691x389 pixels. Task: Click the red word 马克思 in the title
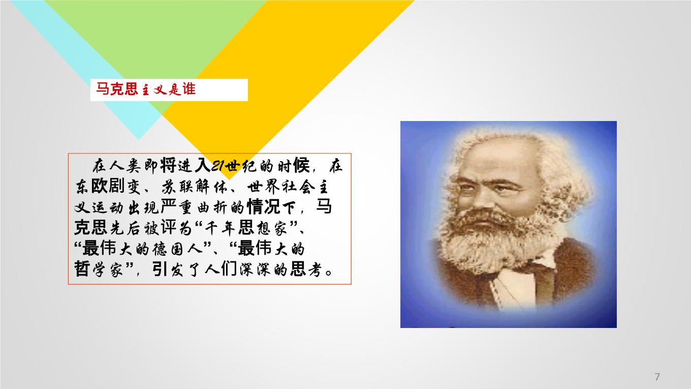[x=117, y=89]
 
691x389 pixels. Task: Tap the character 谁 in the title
[x=189, y=89]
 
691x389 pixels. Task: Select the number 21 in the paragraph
[x=217, y=166]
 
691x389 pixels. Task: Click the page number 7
[x=657, y=377]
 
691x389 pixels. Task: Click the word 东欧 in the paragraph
[x=91, y=187]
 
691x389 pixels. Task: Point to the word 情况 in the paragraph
[x=263, y=207]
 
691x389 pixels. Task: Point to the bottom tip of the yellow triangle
[x=229, y=179]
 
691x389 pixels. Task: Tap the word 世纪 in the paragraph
[x=241, y=166]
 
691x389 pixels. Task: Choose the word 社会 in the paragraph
[x=299, y=187]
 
